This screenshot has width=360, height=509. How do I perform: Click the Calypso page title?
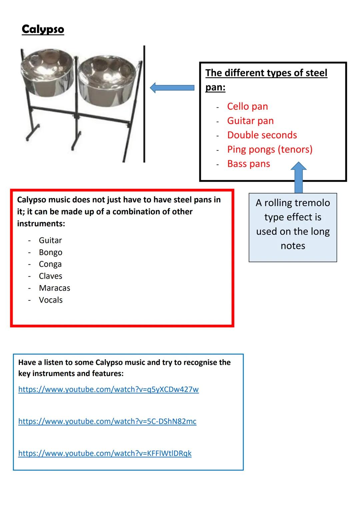[43, 29]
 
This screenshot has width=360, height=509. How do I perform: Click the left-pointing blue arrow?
[172, 88]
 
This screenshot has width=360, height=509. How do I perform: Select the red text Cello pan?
[247, 106]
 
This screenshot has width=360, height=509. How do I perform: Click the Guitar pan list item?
[250, 121]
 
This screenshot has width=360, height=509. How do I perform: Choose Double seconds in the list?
[262, 135]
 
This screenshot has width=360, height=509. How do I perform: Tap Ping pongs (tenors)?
[270, 149]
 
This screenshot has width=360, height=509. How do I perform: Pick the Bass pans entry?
[248, 164]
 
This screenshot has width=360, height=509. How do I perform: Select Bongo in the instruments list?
[50, 252]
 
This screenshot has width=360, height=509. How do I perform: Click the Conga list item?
[50, 264]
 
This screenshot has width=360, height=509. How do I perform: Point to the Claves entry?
[50, 276]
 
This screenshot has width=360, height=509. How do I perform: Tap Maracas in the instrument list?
[54, 288]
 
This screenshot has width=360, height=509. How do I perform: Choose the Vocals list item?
[51, 300]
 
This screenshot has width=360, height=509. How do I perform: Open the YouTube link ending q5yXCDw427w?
[108, 389]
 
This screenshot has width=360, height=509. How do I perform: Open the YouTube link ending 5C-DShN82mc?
[107, 421]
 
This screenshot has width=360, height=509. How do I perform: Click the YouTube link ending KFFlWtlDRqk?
[105, 453]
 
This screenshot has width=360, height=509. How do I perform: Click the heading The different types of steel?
[266, 73]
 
